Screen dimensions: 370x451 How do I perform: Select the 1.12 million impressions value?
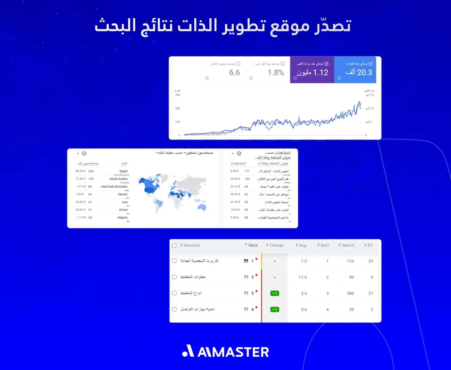click(x=312, y=72)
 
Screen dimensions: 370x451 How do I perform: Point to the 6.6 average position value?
click(x=235, y=72)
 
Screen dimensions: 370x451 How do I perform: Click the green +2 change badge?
click(x=274, y=310)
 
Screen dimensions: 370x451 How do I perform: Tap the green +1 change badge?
click(x=274, y=293)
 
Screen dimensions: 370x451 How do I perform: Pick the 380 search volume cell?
click(x=350, y=293)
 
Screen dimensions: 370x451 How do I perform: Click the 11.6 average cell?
click(x=303, y=277)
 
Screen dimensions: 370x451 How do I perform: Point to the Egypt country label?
click(x=123, y=171)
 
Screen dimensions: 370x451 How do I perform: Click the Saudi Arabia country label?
click(x=118, y=179)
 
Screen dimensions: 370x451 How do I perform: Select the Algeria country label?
click(x=122, y=217)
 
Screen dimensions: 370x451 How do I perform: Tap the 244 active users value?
click(x=91, y=171)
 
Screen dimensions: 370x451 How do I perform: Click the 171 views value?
click(x=247, y=171)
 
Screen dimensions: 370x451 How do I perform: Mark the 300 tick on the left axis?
click(x=177, y=95)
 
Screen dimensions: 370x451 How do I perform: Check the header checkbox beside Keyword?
click(x=174, y=245)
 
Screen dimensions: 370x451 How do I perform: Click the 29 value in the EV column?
click(x=371, y=261)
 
